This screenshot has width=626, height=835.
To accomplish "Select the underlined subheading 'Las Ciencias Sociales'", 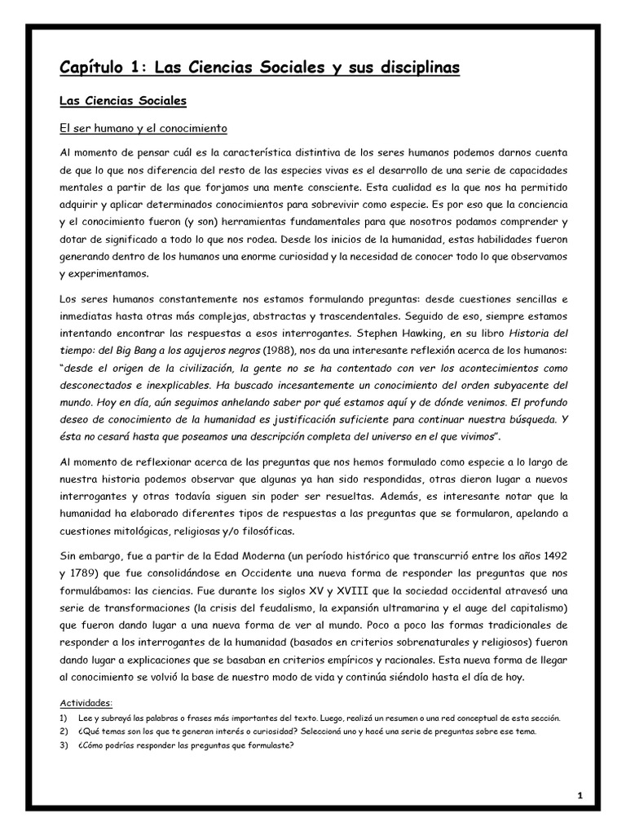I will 123,101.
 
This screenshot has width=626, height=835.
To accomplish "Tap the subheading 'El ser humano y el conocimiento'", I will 143,129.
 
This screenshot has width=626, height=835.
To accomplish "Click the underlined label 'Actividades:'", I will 86,703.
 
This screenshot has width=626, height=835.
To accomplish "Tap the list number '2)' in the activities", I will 64,731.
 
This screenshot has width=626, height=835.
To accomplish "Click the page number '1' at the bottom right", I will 580,796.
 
